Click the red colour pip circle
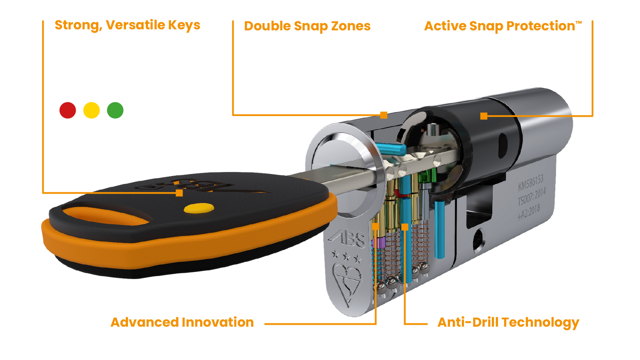(68, 110)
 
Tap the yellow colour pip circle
(92, 110)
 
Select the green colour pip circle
(115, 110)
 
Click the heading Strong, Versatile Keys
(128, 25)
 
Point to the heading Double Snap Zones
(307, 26)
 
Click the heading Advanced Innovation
(182, 322)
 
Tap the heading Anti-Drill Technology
(508, 322)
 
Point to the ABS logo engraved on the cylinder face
(347, 239)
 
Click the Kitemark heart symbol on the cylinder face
(347, 282)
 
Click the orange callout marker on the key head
(180, 193)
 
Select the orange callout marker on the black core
(484, 116)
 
